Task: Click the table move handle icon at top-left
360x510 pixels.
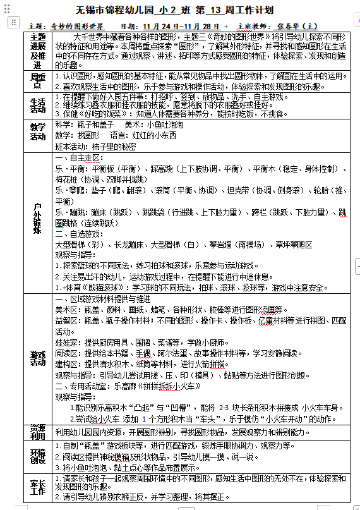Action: pyautogui.click(x=13, y=22)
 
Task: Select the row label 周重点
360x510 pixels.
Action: pyautogui.click(x=38, y=80)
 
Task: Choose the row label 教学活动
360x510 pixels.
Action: pyautogui.click(x=38, y=131)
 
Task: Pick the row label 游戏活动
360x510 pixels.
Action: pyautogui.click(x=38, y=358)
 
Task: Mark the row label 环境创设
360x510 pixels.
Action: pyautogui.click(x=38, y=456)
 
